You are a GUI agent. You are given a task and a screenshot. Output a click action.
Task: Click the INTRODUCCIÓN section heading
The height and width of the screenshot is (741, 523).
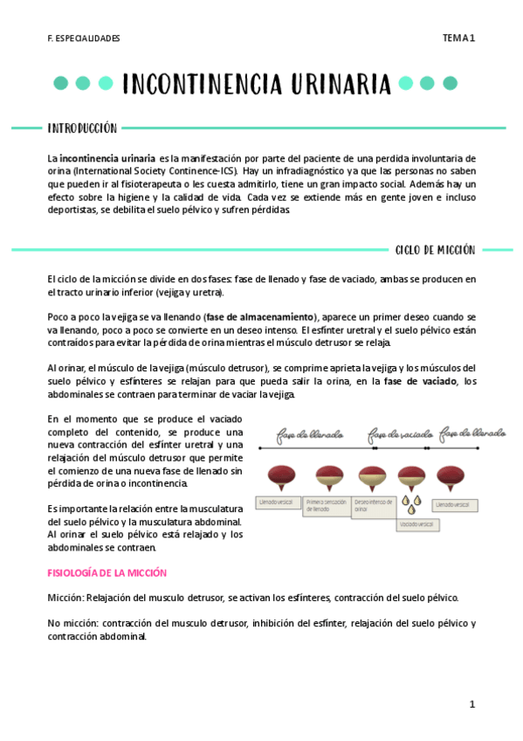(82, 128)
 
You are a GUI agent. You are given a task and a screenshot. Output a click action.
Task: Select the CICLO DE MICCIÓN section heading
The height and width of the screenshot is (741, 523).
(435, 249)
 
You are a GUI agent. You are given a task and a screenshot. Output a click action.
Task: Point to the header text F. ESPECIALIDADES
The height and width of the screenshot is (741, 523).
(84, 38)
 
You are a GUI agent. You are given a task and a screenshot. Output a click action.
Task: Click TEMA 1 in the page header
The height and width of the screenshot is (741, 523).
(458, 38)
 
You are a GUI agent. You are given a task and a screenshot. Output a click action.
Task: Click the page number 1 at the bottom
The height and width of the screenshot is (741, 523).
(471, 703)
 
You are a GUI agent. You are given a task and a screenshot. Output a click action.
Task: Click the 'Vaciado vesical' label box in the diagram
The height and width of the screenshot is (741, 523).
(418, 525)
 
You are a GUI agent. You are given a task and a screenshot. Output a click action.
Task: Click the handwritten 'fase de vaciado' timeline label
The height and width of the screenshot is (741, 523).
(401, 433)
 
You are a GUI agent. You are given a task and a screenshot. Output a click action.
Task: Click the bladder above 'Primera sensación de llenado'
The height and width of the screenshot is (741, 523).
(327, 477)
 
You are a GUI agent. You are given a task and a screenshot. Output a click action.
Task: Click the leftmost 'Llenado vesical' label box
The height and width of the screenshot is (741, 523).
(278, 502)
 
